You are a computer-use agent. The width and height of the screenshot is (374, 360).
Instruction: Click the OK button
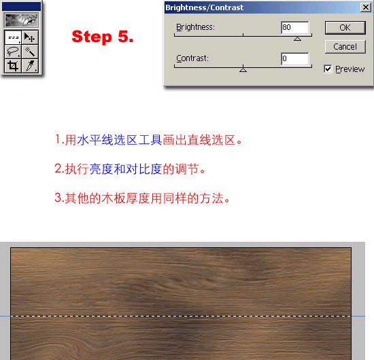pos(345,28)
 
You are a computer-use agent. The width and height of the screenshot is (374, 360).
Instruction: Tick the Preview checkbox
pos(328,69)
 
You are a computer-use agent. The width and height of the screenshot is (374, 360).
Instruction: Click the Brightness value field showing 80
pos(295,27)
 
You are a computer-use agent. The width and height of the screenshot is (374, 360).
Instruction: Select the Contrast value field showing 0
pos(295,58)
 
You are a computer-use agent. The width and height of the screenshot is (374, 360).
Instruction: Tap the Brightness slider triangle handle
pos(297,39)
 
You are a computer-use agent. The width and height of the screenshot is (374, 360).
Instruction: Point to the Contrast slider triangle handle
pos(243,69)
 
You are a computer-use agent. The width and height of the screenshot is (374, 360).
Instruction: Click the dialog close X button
pos(366,7)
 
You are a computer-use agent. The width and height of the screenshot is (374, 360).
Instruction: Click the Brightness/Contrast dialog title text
pos(205,7)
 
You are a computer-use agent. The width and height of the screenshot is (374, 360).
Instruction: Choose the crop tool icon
pos(13,65)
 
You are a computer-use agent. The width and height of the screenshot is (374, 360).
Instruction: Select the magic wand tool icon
pos(30,52)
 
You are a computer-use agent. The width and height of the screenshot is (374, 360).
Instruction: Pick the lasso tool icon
pos(13,52)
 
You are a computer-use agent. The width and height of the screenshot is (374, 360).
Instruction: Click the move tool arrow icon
pos(30,37)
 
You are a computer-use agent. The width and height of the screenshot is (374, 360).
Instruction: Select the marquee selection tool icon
pos(13,37)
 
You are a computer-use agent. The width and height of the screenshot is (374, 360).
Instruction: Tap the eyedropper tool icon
pos(30,65)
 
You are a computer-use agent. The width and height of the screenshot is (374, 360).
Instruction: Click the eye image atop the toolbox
pos(22,20)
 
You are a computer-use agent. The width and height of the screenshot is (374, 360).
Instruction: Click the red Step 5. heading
pos(103,37)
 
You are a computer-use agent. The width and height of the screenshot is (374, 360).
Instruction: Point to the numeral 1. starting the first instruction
pos(59,139)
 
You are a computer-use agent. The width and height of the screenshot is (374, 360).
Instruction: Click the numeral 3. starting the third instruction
pos(59,198)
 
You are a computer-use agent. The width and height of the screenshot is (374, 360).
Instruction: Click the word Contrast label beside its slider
pos(192,58)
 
